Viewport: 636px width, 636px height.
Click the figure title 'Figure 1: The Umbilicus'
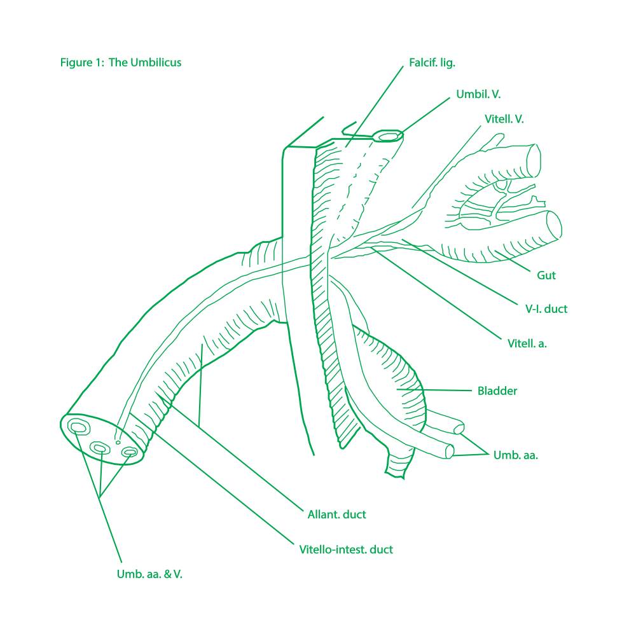tap(121, 62)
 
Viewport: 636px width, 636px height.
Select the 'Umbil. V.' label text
tap(478, 94)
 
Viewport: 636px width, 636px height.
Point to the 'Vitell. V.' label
tap(504, 119)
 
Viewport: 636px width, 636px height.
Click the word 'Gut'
tap(546, 275)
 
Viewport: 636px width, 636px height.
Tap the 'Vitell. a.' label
tap(527, 343)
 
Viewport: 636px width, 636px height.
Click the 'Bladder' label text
tap(497, 391)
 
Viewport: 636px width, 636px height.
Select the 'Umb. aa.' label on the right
tap(515, 455)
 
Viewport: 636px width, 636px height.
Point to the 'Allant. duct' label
tap(336, 515)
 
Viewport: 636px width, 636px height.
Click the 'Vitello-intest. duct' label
tap(346, 549)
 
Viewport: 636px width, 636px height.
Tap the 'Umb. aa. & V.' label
tap(149, 574)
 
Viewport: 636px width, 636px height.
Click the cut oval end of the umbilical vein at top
tap(388, 136)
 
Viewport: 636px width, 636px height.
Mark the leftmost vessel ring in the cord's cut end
tap(79, 426)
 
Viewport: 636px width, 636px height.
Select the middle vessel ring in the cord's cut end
tap(100, 449)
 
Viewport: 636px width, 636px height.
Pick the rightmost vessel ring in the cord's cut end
tap(129, 452)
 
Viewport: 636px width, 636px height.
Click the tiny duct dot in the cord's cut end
tap(117, 441)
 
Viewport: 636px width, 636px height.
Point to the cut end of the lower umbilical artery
tap(450, 452)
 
